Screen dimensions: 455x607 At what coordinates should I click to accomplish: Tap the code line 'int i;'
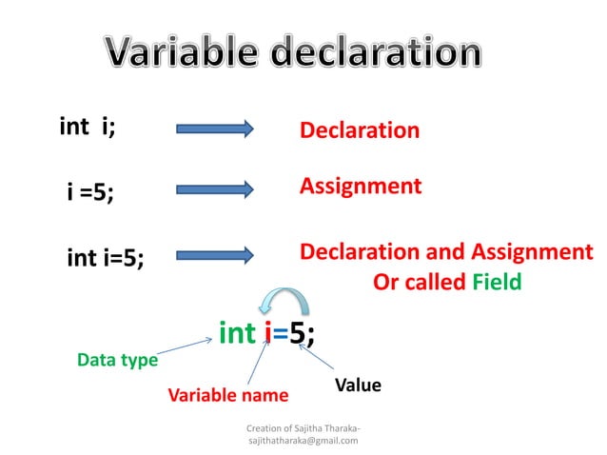88,128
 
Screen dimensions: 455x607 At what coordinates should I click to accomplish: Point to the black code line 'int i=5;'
106,257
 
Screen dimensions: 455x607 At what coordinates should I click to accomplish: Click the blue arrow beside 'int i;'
214,129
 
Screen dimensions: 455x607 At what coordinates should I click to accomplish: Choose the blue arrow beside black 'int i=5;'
214,254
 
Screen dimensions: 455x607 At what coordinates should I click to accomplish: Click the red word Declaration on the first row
360,130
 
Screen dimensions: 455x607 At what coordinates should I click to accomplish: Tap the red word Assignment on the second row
361,186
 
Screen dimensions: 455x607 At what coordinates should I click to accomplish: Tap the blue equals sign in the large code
282,334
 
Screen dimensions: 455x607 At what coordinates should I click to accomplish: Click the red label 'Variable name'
227,394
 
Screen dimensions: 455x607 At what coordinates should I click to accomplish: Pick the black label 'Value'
358,386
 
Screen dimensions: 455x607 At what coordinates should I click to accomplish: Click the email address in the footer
303,441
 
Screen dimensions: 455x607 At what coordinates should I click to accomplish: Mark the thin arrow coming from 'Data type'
185,346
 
